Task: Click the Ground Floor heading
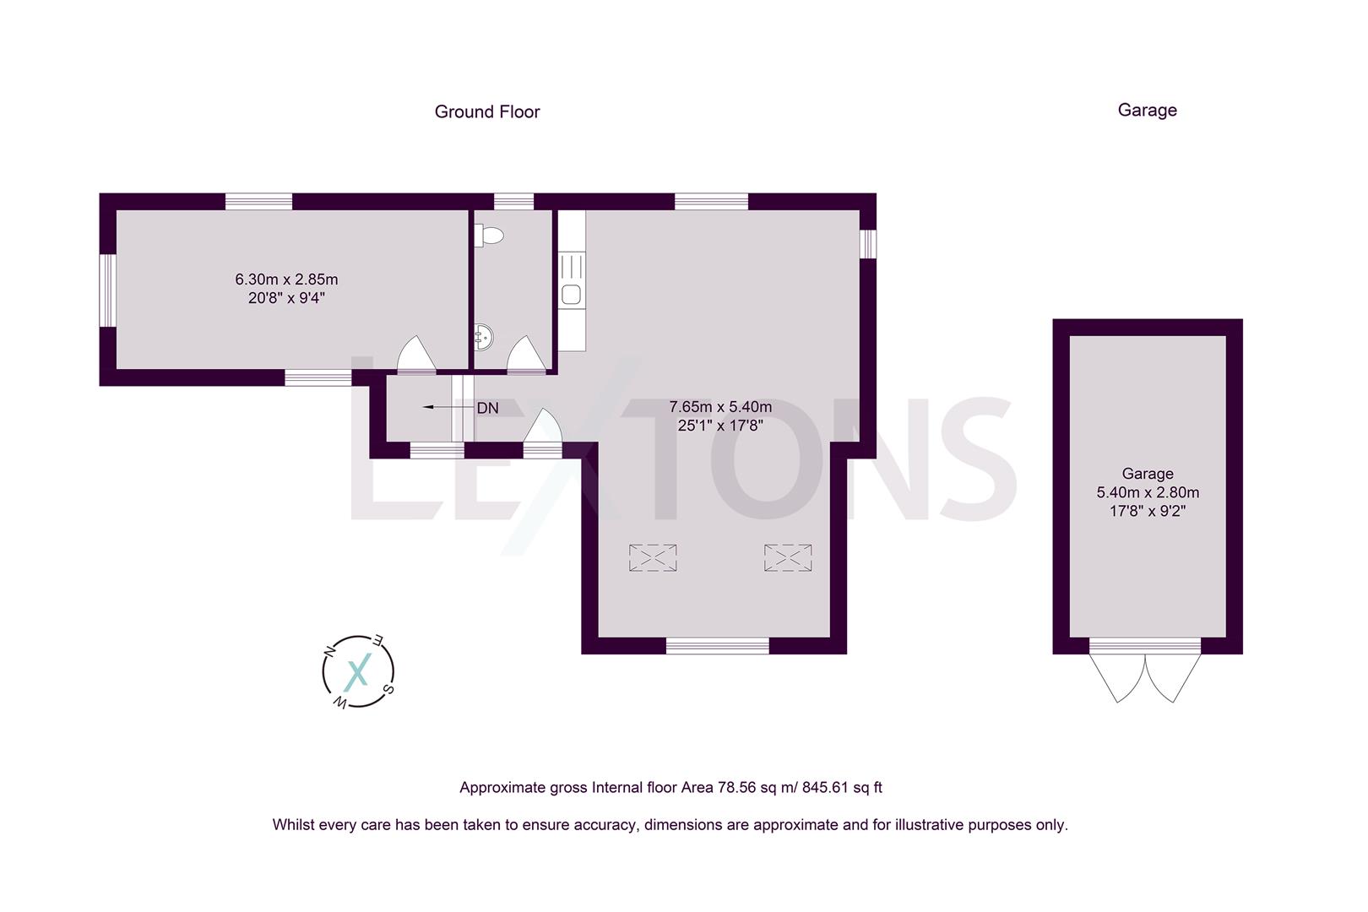pyautogui.click(x=487, y=111)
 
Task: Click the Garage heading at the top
pyautogui.click(x=1147, y=110)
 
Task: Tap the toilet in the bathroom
pyautogui.click(x=488, y=236)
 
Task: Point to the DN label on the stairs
pyautogui.click(x=487, y=408)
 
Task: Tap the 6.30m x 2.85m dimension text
pyautogui.click(x=286, y=280)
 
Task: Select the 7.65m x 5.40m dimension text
pyautogui.click(x=720, y=407)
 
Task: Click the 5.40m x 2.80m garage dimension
pyautogui.click(x=1148, y=492)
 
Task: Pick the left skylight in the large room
pyautogui.click(x=653, y=557)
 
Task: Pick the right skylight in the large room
pyautogui.click(x=788, y=557)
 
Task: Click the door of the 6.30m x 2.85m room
pyautogui.click(x=415, y=356)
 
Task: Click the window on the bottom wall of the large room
pyautogui.click(x=718, y=646)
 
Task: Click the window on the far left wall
pyautogui.click(x=107, y=290)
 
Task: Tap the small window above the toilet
pyautogui.click(x=513, y=201)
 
